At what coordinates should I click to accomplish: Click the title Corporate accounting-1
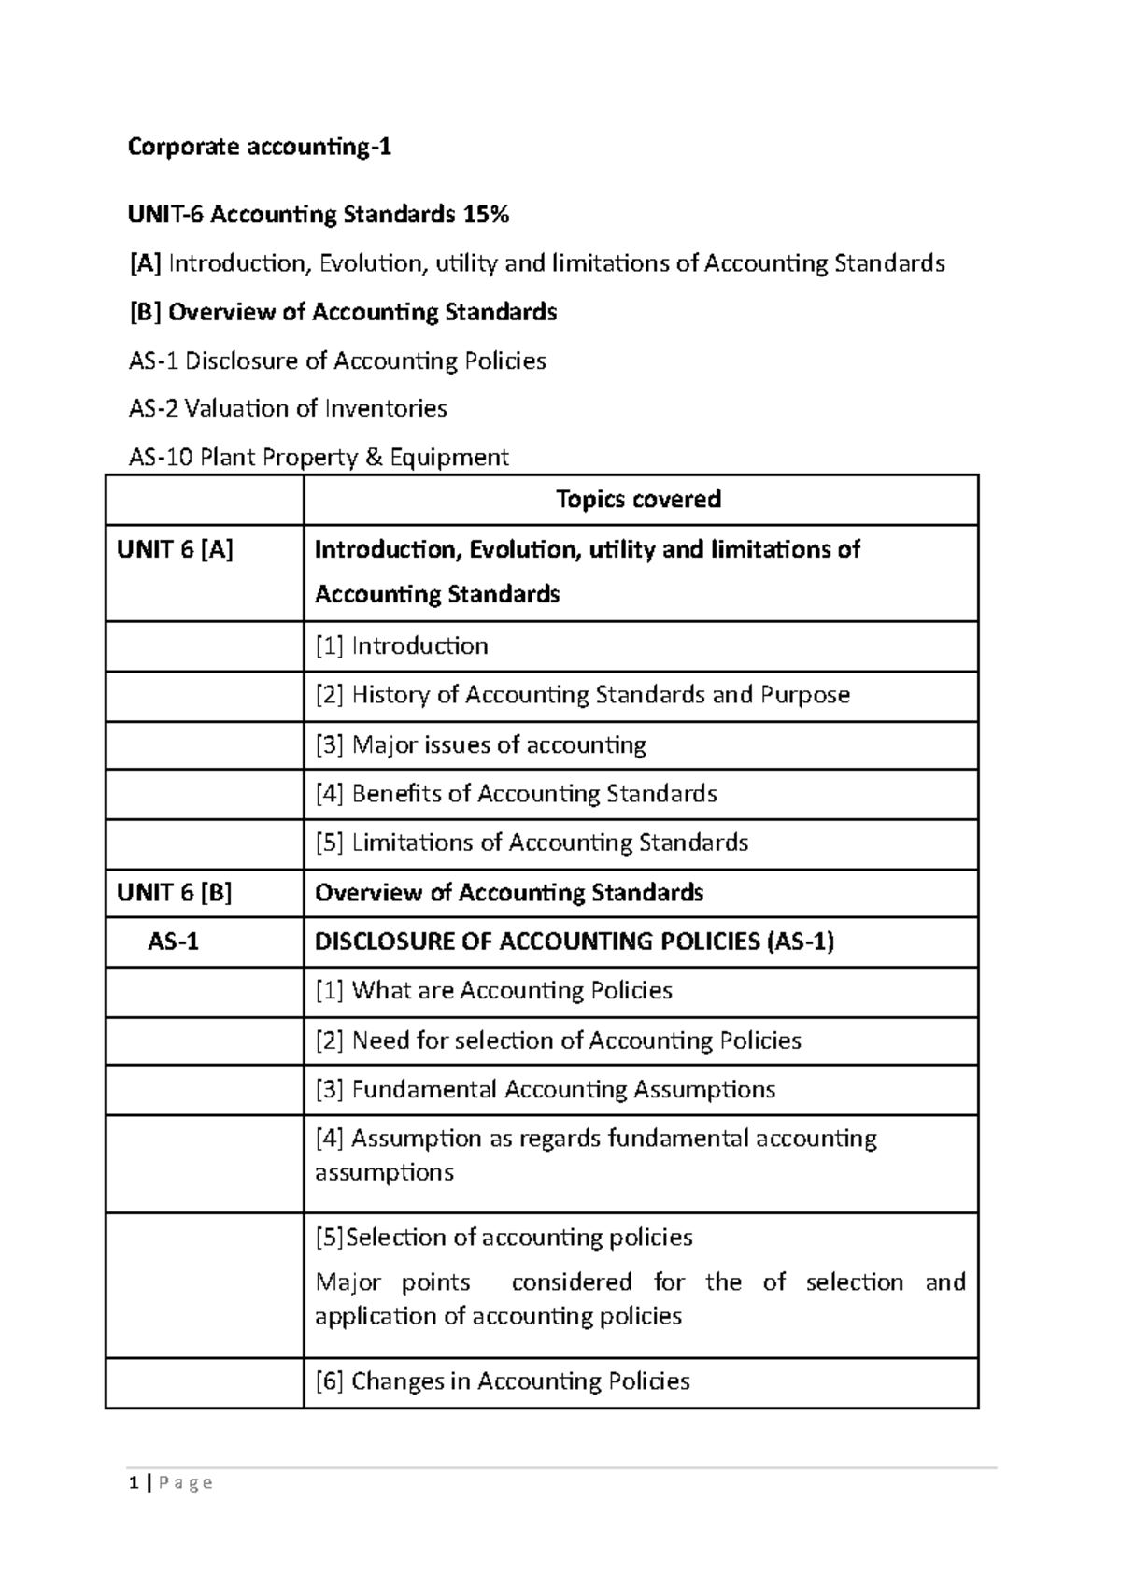coord(259,148)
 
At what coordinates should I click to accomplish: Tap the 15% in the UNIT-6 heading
coord(484,215)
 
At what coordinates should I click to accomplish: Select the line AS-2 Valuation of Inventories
coord(288,408)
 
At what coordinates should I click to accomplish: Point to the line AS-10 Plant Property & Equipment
coord(319,457)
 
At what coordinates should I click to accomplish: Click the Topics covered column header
coord(639,499)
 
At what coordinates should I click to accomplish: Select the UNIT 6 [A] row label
coord(175,549)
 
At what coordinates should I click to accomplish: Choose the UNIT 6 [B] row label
coord(175,892)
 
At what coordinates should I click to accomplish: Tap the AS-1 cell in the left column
coord(174,942)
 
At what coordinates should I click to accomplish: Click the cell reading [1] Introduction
coord(402,645)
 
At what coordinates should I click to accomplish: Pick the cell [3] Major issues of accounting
coord(481,744)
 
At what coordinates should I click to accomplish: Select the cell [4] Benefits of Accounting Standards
coord(517,794)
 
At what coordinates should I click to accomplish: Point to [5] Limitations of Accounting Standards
coord(532,843)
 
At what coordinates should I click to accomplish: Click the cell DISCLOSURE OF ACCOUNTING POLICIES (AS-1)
coord(575,942)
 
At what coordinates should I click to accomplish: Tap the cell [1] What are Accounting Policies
coord(493,991)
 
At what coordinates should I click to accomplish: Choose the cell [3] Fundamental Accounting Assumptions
coord(546,1089)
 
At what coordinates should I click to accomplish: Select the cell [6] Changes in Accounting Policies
coord(503,1381)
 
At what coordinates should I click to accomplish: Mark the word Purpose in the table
coord(805,695)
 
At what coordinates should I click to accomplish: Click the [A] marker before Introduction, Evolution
coord(145,263)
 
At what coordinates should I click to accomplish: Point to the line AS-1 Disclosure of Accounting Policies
coord(337,361)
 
